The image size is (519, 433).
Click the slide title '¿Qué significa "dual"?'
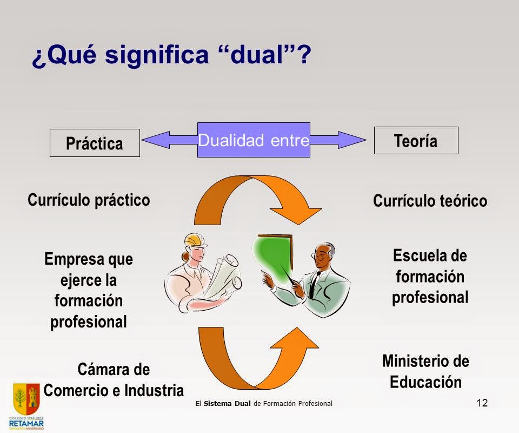[x=172, y=55]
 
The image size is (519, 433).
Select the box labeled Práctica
[x=95, y=143]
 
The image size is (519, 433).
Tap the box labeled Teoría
[x=416, y=141]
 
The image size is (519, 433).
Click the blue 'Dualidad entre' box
[x=254, y=140]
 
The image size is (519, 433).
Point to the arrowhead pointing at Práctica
[x=154, y=140]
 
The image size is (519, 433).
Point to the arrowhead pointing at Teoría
[x=351, y=140]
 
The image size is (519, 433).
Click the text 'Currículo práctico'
[x=89, y=200]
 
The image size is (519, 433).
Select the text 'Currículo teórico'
[x=430, y=201]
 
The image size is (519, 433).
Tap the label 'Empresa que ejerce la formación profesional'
[x=89, y=290]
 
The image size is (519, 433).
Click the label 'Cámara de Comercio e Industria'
[x=114, y=380]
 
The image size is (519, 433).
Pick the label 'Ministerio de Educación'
[x=425, y=371]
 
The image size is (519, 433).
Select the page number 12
[x=482, y=402]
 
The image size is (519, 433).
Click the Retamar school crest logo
[x=26, y=398]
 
